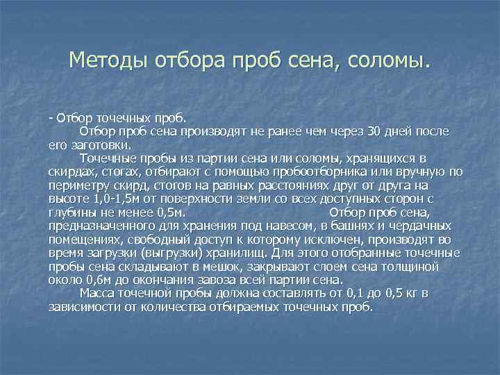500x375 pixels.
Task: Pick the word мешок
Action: point(197,266)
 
